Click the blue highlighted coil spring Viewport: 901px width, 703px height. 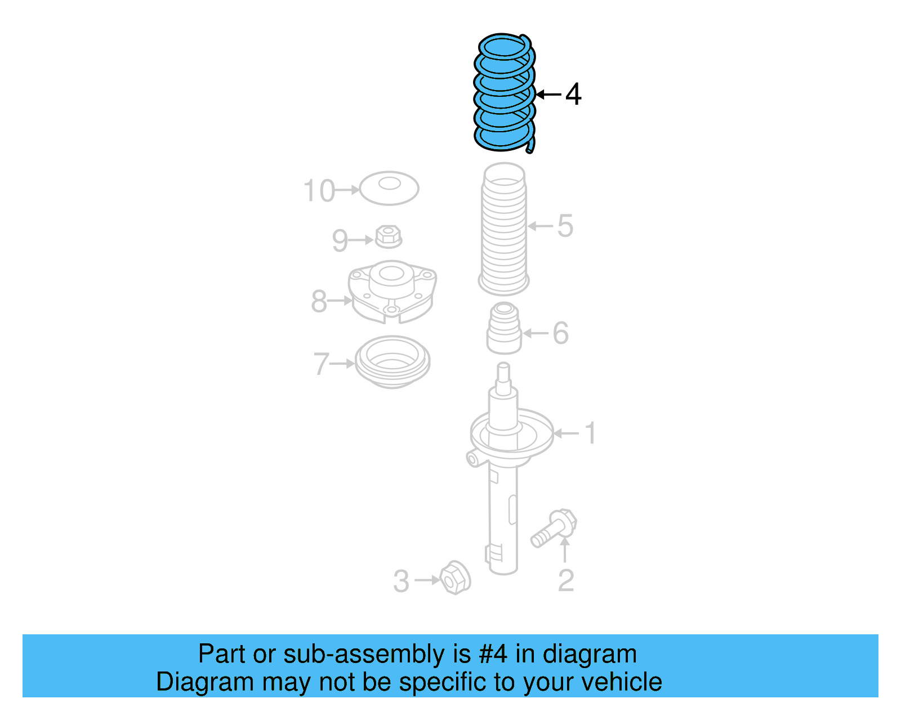503,93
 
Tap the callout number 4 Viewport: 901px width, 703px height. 573,95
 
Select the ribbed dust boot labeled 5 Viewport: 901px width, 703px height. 503,231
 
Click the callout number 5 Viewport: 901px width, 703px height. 565,226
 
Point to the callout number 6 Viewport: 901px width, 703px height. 560,333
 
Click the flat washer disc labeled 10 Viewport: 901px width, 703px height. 389,188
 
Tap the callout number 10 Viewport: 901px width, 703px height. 319,191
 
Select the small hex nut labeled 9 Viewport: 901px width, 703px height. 387,236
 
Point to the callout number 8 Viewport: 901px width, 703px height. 319,301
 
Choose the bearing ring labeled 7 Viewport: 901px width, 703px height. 392,362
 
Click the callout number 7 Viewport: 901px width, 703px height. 321,364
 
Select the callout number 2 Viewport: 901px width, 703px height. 565,580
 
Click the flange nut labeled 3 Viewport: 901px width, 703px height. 455,577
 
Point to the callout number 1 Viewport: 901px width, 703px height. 590,433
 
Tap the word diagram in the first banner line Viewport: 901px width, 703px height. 590,654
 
